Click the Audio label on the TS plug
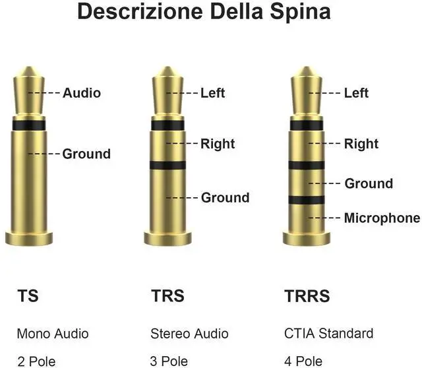pyautogui.click(x=82, y=93)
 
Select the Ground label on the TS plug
pyautogui.click(x=86, y=154)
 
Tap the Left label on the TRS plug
pyautogui.click(x=212, y=93)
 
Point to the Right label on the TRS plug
pyautogui.click(x=218, y=143)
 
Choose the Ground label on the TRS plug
pyautogui.click(x=225, y=197)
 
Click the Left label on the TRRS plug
pyautogui.click(x=356, y=93)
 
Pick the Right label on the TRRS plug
pyautogui.click(x=361, y=143)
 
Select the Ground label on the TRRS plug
pyautogui.click(x=369, y=183)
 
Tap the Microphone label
pyautogui.click(x=382, y=218)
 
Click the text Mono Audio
pyautogui.click(x=53, y=333)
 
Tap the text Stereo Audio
pyautogui.click(x=189, y=333)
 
